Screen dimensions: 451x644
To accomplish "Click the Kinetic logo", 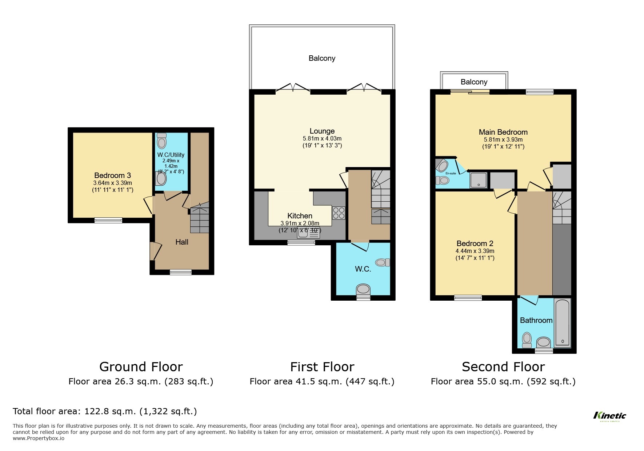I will coord(609,416).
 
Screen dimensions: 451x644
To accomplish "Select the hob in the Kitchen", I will coord(339,213).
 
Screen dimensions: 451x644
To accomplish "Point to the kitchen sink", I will coord(308,232).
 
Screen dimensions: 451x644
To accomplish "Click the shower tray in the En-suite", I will coord(478,180).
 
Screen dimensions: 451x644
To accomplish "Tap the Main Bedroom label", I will coord(503,132).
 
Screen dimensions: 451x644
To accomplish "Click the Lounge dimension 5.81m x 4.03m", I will coord(322,138).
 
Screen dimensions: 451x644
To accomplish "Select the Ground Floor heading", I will coord(141,367).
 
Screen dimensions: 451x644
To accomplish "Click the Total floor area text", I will coord(105,411).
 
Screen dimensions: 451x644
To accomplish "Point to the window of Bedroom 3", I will coord(108,220).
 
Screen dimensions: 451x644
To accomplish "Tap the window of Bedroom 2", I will coord(468,298).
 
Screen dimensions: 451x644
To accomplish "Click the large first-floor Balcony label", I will coord(322,58).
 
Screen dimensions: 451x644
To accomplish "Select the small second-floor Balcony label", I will coord(474,82).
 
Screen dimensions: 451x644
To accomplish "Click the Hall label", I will coord(182,242).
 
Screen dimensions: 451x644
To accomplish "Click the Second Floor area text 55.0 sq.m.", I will coord(503,381).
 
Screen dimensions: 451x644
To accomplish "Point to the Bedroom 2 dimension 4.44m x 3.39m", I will coord(475,251).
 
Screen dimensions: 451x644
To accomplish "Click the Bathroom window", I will coord(544,351).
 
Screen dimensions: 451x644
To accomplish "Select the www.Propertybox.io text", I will coord(39,438).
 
